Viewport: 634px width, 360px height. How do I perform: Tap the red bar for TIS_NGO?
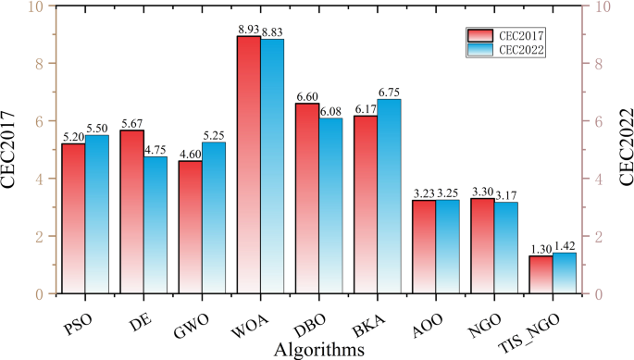540,274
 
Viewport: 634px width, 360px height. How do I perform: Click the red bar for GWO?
190,227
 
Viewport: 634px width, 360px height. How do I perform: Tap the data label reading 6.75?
390,93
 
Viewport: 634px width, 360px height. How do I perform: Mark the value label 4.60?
190,154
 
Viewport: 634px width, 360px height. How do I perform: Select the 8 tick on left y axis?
38,64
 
